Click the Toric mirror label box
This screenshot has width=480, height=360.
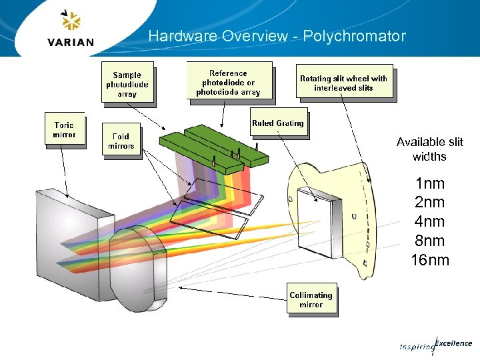64,129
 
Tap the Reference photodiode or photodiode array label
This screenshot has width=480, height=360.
229,83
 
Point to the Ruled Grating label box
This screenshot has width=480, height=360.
278,123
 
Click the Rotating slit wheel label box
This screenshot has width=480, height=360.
343,83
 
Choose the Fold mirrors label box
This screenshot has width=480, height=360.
121,141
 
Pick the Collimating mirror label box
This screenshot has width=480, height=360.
311,299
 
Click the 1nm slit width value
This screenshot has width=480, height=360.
429,183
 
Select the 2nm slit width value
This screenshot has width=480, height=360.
429,202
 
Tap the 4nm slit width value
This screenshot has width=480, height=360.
429,221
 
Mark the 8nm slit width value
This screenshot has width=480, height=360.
429,241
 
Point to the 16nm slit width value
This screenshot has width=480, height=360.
430,260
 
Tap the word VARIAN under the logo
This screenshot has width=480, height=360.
71,43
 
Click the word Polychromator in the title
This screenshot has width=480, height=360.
354,36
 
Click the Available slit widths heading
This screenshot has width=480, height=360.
429,149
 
